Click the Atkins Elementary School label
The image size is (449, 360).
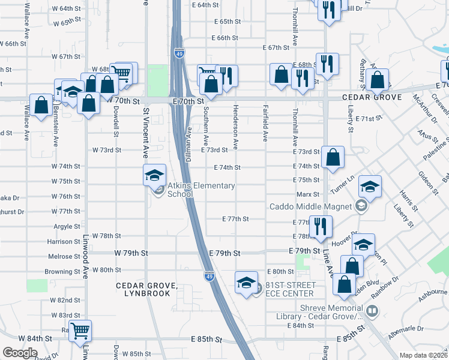pyautogui.click(x=201, y=190)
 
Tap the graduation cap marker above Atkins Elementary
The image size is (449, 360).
pyautogui.click(x=154, y=175)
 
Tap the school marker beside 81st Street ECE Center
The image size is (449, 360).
pyautogui.click(x=246, y=283)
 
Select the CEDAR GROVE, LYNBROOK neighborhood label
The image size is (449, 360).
pyautogui.click(x=147, y=289)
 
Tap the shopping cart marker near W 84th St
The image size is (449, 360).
pyautogui.click(x=80, y=329)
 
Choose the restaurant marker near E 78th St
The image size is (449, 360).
pyautogui.click(x=320, y=226)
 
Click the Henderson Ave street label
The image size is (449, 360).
pyautogui.click(x=236, y=126)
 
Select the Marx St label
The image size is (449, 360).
pyautogui.click(x=307, y=195)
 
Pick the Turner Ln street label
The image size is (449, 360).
pyautogui.click(x=342, y=184)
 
